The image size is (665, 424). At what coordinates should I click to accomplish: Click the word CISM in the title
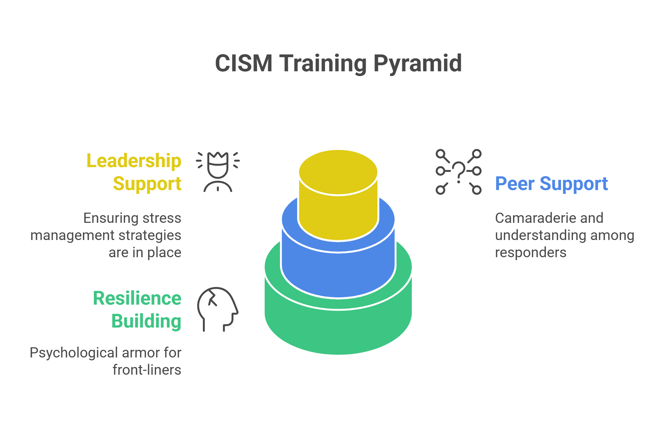[x=244, y=63]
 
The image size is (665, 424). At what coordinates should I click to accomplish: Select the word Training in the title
[x=323, y=63]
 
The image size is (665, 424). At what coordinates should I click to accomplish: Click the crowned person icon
[x=218, y=172]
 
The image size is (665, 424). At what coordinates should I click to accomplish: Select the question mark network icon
[x=459, y=172]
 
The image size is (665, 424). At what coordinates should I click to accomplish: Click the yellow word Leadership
[x=134, y=161]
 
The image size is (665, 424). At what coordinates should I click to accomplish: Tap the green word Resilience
[x=137, y=299]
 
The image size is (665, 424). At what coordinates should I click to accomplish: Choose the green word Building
[x=146, y=321]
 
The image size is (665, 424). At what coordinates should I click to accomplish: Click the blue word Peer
[x=515, y=184]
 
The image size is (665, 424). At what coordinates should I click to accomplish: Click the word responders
[x=531, y=252]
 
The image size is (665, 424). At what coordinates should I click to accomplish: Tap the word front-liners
[x=147, y=370]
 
